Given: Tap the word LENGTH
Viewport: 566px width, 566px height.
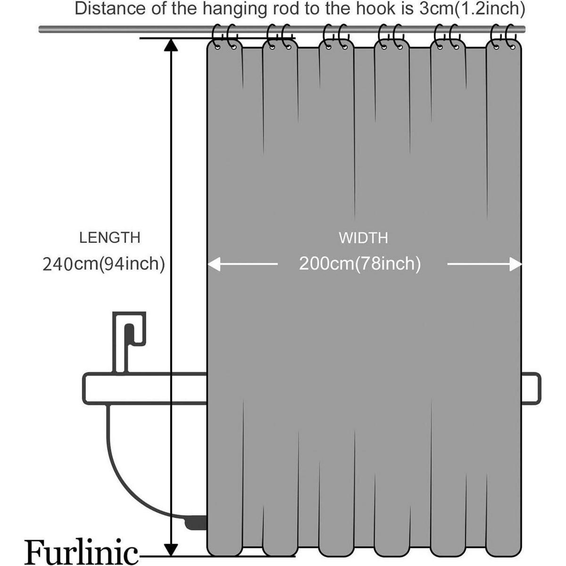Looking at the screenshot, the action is tap(109, 238).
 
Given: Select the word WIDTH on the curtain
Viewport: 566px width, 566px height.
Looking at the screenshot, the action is tap(363, 238).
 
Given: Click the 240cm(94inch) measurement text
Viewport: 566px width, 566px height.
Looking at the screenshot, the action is tap(104, 264).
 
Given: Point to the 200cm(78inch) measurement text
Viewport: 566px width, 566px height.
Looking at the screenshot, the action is tap(360, 264).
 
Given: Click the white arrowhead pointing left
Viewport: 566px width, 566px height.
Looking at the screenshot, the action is tap(214, 264).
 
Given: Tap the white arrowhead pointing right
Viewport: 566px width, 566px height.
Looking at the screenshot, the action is tap(516, 264).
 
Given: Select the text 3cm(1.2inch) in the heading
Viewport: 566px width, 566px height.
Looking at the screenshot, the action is tap(471, 9).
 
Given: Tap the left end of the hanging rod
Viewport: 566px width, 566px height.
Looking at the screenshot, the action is tap(40, 29).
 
